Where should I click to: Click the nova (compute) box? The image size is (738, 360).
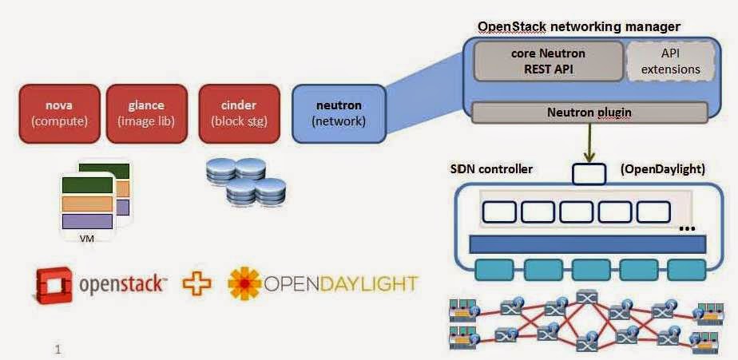pyautogui.click(x=58, y=113)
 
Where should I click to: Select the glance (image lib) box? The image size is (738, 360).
pyautogui.click(x=145, y=113)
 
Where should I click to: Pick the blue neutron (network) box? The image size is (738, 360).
pyautogui.click(x=339, y=113)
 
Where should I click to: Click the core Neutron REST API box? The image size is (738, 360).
pyautogui.click(x=548, y=61)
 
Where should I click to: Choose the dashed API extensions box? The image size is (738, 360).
pyautogui.click(x=671, y=61)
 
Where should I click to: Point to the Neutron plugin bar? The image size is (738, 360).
pyautogui.click(x=589, y=113)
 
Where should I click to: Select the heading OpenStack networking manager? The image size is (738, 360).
pyautogui.click(x=578, y=26)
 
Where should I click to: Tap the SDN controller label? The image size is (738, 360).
pyautogui.click(x=491, y=170)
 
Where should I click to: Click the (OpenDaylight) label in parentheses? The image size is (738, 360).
pyautogui.click(x=662, y=170)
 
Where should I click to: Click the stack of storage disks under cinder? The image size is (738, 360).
pyautogui.click(x=245, y=181)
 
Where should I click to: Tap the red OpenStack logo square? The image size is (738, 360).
pyautogui.click(x=54, y=283)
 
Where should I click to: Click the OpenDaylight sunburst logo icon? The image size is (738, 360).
pyautogui.click(x=244, y=284)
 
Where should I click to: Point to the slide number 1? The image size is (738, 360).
pyautogui.click(x=58, y=349)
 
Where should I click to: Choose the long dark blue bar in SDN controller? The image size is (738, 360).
pyautogui.click(x=588, y=243)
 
